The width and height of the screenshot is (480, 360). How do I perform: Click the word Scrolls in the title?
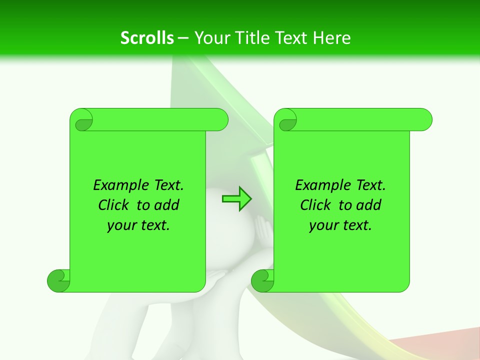pyautogui.click(x=147, y=38)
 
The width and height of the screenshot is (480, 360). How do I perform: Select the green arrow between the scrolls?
pyautogui.click(x=236, y=199)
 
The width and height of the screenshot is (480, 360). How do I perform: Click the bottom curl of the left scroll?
pyautogui.click(x=59, y=280)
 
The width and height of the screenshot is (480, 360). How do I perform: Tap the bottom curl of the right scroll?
pyautogui.click(x=262, y=280)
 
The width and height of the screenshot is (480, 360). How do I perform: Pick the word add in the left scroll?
pyautogui.click(x=167, y=205)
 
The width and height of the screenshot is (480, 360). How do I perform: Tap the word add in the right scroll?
pyautogui.click(x=369, y=205)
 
